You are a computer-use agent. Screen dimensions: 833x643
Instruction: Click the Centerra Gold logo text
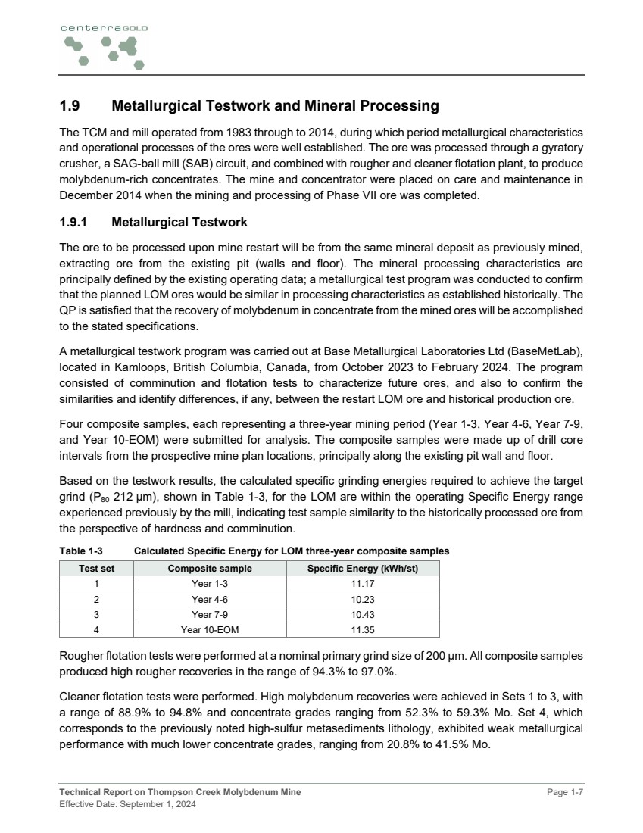(104, 27)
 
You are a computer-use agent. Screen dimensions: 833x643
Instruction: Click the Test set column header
(97, 568)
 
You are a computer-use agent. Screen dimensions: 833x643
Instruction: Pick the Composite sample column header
(210, 568)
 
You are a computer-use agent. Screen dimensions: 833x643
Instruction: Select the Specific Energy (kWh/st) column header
(362, 568)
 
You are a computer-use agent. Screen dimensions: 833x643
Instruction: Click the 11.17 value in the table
(362, 584)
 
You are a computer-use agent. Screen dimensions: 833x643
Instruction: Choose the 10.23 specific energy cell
(362, 599)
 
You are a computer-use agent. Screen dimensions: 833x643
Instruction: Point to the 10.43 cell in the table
(362, 614)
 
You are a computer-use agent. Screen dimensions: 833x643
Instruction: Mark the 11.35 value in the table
(362, 629)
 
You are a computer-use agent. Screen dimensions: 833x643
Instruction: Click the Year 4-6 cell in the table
(210, 599)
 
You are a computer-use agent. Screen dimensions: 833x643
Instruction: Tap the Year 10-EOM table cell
(210, 629)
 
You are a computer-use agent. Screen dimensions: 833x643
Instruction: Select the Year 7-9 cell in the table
(210, 614)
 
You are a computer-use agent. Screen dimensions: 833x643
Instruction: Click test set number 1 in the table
(97, 584)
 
